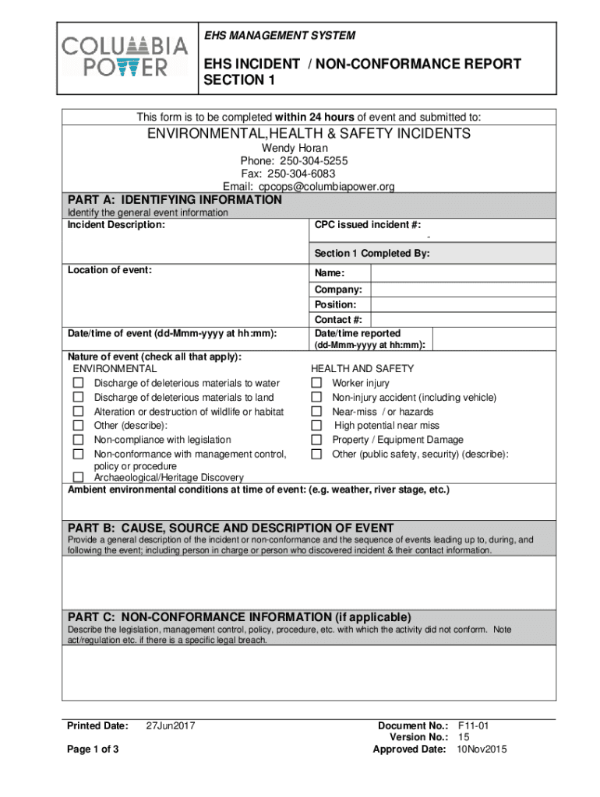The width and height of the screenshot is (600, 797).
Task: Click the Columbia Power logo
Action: click(125, 57)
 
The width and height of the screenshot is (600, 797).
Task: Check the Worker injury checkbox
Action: click(316, 383)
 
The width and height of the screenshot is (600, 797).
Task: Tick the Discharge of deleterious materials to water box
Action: click(78, 383)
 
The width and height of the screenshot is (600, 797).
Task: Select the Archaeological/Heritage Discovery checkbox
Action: click(78, 477)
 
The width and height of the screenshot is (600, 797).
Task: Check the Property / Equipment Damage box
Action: click(316, 440)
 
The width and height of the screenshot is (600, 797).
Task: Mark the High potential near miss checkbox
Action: click(316, 426)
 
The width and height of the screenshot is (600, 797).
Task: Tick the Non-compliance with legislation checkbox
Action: click(78, 440)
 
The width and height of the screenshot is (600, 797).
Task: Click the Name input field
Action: click(463, 273)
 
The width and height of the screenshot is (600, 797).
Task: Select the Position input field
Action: click(463, 304)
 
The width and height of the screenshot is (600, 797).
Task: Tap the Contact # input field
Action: click(463, 320)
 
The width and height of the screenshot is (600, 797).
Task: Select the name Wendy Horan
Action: click(295, 148)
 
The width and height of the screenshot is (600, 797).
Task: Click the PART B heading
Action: click(231, 528)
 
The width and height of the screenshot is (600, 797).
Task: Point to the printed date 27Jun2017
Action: click(170, 726)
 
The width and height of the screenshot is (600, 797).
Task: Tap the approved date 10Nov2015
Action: click(482, 750)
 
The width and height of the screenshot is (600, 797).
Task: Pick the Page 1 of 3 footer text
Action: click(93, 750)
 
